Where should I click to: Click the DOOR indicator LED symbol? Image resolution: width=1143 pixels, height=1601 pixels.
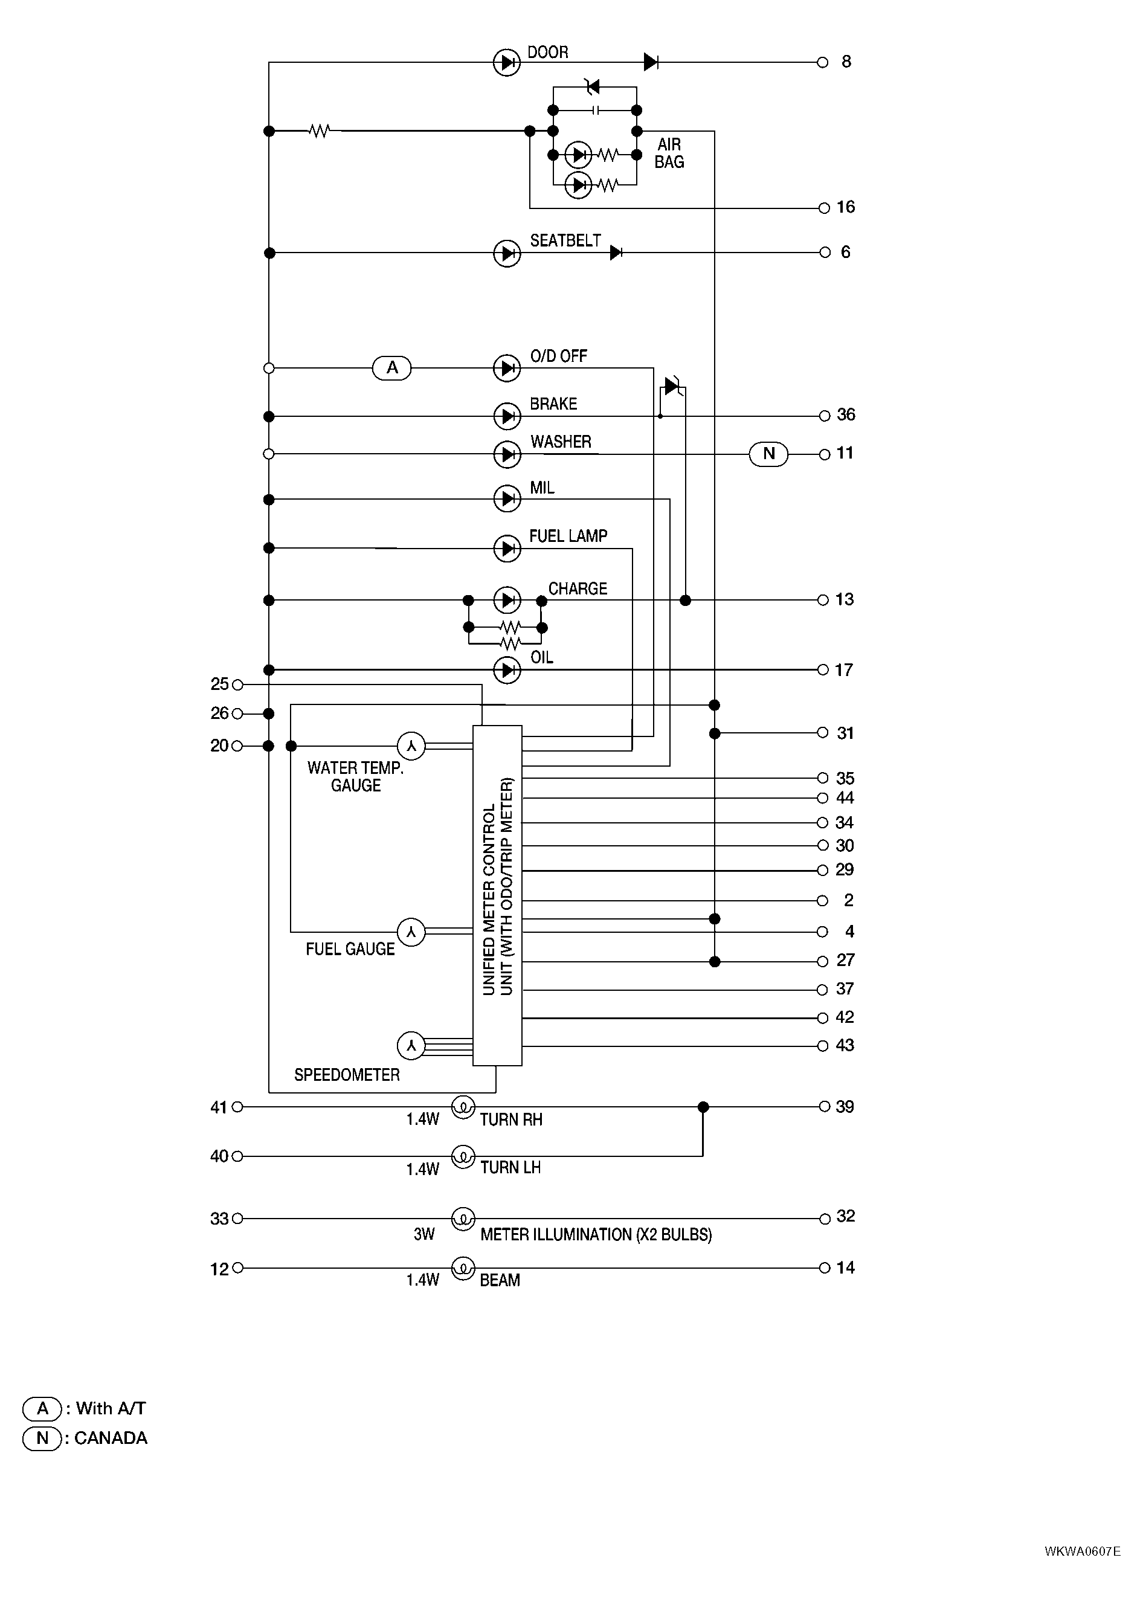(507, 63)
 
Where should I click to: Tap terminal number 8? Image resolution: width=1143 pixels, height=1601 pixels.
(846, 62)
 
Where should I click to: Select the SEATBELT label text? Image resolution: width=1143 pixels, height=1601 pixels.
(565, 240)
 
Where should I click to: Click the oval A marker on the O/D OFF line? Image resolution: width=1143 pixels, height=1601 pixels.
(392, 367)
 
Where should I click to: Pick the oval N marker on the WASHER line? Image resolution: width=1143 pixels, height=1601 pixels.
(768, 453)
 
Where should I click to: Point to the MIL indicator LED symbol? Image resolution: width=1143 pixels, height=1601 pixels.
(507, 499)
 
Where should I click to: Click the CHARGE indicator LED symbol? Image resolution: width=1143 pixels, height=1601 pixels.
(507, 601)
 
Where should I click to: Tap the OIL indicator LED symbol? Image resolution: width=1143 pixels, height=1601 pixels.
(507, 670)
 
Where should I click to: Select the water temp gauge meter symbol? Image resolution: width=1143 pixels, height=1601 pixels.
(412, 746)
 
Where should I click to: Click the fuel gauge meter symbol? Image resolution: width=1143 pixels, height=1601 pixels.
(412, 932)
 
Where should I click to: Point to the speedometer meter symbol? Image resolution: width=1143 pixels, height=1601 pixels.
(412, 1046)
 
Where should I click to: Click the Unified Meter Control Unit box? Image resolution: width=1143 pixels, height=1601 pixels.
(497, 895)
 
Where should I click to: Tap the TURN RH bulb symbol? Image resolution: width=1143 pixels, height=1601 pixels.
(463, 1106)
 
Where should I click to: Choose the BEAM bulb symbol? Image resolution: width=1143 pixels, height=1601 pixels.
(463, 1268)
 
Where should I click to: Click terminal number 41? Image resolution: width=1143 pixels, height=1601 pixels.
(219, 1107)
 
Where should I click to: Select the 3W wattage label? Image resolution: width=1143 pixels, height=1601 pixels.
(425, 1234)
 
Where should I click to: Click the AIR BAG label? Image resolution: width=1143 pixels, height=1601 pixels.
(669, 153)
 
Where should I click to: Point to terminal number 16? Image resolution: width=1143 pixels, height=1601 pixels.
(846, 207)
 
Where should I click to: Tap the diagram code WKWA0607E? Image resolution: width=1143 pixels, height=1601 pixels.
(1083, 1551)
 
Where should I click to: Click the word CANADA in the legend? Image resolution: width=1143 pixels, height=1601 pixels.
(111, 1438)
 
